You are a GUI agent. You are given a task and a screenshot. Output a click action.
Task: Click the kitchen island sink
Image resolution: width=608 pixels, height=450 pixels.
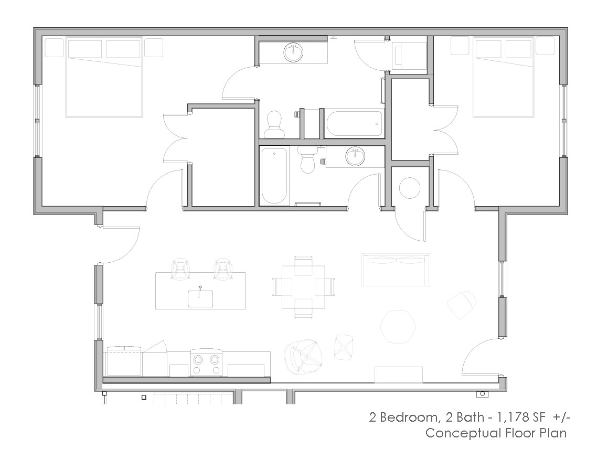click(x=200, y=297)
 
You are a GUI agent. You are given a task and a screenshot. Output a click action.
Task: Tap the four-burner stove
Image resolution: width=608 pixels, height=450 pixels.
click(x=206, y=363)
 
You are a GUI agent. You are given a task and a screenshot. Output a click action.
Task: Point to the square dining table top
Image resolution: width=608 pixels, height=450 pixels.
click(x=303, y=287)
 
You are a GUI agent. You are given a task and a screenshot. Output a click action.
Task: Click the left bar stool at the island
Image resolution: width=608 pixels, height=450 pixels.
click(x=181, y=268)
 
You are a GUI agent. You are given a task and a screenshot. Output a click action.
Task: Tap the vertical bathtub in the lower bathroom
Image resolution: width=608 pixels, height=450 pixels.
click(x=274, y=176)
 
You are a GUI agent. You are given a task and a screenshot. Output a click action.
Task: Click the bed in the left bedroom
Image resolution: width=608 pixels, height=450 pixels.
click(x=104, y=78)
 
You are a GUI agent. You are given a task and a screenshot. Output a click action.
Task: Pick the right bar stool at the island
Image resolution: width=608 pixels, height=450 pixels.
click(x=223, y=268)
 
